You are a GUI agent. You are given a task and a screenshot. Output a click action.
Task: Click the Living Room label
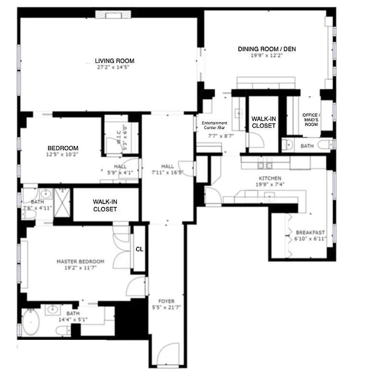tap(114, 61)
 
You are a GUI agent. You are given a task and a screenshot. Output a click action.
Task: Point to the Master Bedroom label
tap(80, 262)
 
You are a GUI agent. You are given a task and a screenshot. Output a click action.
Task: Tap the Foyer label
tap(166, 301)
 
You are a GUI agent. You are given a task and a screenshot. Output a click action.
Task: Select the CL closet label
tap(139, 249)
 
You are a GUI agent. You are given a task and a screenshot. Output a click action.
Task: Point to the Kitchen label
tap(267, 178)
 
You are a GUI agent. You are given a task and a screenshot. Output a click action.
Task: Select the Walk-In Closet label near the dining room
tap(264, 122)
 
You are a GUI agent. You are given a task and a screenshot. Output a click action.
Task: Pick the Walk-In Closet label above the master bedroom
tap(105, 205)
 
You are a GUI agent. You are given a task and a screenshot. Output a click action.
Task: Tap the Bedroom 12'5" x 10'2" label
tap(62, 148)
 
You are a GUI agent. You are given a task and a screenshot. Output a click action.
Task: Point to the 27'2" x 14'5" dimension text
tap(114, 67)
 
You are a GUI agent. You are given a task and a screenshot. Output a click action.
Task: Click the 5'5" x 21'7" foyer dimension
tap(166, 307)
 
